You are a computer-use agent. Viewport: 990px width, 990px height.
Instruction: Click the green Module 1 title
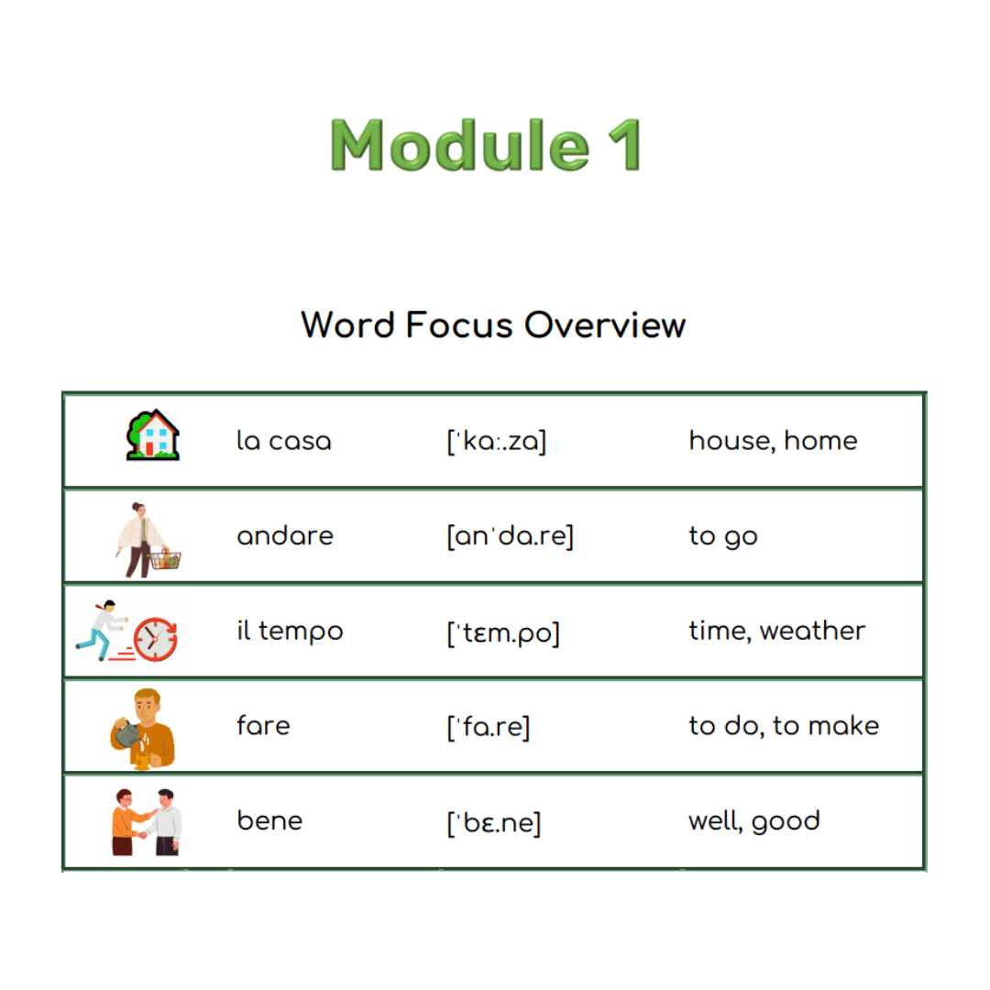point(486,145)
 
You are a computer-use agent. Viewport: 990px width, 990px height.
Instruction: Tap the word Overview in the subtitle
point(605,325)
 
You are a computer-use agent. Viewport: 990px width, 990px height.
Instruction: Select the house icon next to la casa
point(153,435)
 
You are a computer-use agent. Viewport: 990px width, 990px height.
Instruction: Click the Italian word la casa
point(283,440)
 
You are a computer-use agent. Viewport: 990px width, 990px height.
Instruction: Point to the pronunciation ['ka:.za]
point(496,441)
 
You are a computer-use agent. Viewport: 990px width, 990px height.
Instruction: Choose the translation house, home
point(773,441)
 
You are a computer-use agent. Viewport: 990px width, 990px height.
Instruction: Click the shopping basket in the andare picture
point(165,559)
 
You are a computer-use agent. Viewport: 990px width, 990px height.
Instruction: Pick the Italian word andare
point(285,535)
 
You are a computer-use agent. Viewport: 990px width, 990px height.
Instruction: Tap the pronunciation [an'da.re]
point(511,536)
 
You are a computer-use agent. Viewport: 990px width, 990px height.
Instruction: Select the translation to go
point(723,536)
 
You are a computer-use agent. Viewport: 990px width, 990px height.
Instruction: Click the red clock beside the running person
point(155,639)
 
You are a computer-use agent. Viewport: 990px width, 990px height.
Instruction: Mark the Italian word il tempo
point(290,631)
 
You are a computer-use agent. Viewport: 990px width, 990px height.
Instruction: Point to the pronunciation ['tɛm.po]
point(503,632)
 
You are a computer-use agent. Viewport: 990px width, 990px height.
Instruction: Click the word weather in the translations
point(812,631)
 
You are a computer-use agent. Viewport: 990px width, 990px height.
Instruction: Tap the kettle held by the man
point(127,733)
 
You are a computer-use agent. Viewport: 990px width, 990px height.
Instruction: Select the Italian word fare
point(263,725)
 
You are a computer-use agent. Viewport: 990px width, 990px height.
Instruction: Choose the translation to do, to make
point(784,726)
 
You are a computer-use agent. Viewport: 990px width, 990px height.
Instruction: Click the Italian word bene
point(269,820)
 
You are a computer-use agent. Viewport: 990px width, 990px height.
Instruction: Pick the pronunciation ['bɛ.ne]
point(494,822)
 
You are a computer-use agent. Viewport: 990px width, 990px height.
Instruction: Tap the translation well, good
point(753,821)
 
